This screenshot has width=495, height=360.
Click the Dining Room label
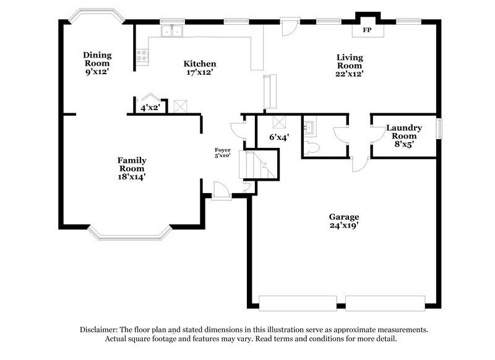tap(97, 59)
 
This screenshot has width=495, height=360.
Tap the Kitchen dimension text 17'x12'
tap(199, 72)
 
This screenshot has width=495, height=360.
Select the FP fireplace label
tap(367, 30)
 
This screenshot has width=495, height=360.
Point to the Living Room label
tap(349, 61)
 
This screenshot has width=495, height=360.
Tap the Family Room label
tap(132, 164)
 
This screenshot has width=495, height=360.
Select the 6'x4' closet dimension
tap(279, 137)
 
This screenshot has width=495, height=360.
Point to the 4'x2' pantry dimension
tap(150, 108)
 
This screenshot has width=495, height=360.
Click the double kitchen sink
tap(172, 30)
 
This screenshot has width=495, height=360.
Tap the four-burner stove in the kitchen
tap(143, 57)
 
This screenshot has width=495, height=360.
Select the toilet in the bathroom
tap(312, 147)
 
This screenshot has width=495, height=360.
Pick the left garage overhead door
tap(298, 302)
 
